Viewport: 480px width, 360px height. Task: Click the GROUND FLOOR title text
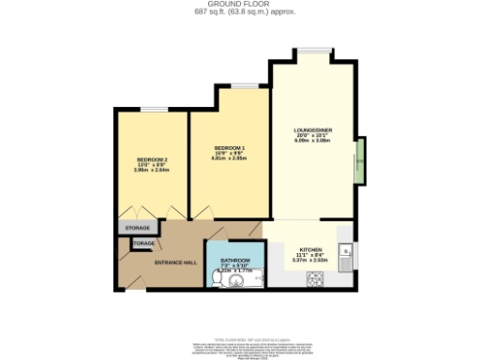[x=239, y=5]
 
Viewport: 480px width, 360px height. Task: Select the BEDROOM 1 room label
[x=229, y=148]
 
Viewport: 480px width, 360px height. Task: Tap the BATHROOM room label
[x=235, y=260]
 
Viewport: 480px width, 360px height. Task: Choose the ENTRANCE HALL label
[x=175, y=262]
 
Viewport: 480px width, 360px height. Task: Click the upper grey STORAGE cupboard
[x=136, y=228]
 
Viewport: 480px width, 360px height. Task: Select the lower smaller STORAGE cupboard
[x=143, y=244]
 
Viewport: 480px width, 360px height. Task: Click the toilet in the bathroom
[x=218, y=278]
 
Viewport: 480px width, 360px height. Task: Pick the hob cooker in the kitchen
[x=315, y=277]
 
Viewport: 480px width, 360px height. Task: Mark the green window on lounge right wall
[x=359, y=166]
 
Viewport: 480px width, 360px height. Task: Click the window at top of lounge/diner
[x=313, y=51]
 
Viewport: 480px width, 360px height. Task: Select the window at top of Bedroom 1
[x=247, y=85]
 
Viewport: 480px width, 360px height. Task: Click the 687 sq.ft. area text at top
[x=239, y=12]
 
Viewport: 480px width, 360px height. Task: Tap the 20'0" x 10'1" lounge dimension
[x=314, y=137]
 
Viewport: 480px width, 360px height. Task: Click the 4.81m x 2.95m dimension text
[x=229, y=159]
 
